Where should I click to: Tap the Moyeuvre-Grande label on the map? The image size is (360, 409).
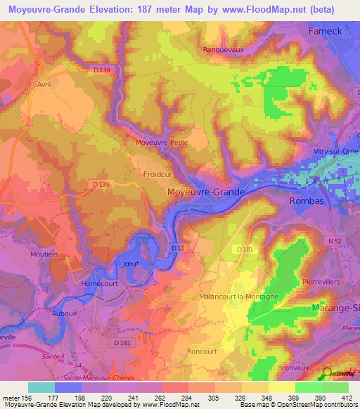tap(206, 191)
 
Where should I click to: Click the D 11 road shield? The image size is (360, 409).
tap(178, 247)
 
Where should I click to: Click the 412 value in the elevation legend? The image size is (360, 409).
tap(342, 398)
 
